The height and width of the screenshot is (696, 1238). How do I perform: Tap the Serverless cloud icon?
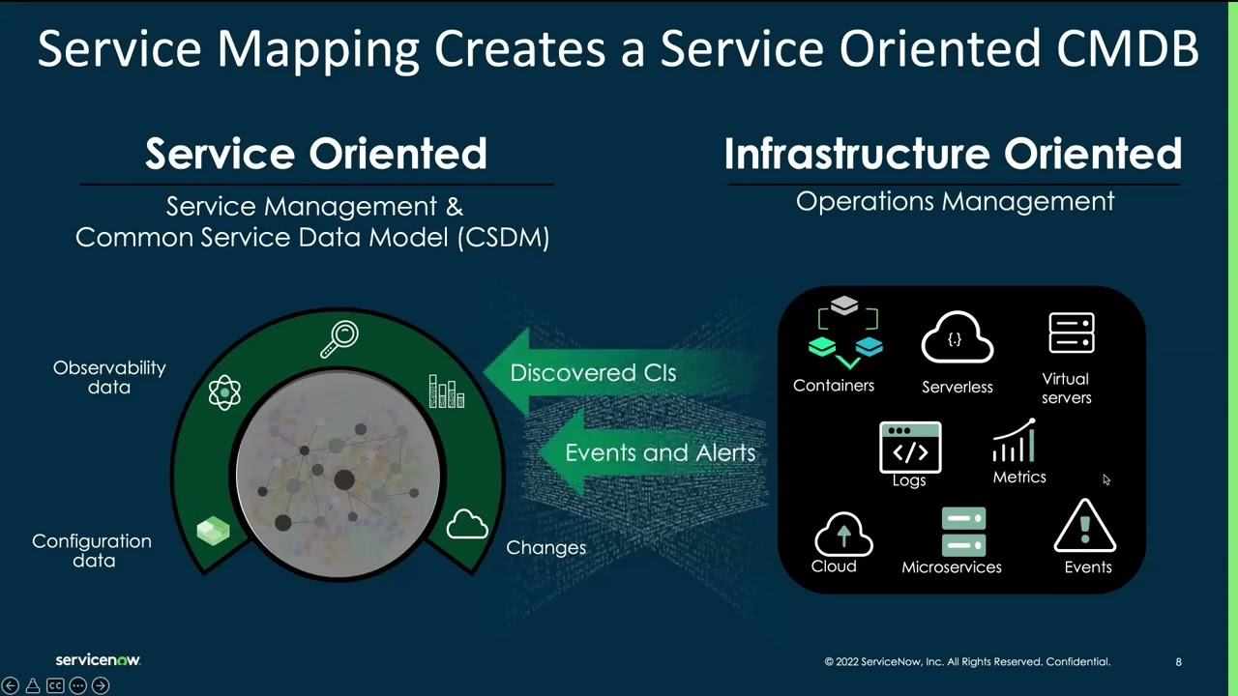click(x=958, y=338)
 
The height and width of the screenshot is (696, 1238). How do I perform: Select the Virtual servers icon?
click(x=1072, y=333)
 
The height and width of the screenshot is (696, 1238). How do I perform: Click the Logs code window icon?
click(x=910, y=448)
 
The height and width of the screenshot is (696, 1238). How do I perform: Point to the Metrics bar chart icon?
click(x=1016, y=443)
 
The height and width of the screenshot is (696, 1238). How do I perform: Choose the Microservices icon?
click(x=963, y=531)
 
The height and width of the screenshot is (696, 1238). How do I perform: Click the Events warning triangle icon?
click(x=1085, y=528)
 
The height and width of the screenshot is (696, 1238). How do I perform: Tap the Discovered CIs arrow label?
click(x=593, y=373)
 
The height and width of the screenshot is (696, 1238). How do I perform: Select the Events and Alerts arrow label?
click(x=660, y=452)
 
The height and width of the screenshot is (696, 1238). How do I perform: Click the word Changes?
click(x=546, y=547)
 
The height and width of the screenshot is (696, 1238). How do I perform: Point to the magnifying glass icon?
click(x=340, y=339)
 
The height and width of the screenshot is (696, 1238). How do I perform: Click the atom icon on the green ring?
click(x=224, y=392)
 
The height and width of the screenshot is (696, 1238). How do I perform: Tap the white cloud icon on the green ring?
click(x=467, y=525)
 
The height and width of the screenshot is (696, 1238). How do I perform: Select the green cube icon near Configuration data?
click(x=213, y=531)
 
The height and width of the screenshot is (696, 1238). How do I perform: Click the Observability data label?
click(x=109, y=377)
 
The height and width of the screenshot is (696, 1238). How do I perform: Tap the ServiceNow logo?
click(x=98, y=660)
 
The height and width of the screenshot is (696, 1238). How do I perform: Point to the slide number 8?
click(x=1178, y=662)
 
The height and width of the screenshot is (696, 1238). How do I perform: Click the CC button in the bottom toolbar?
click(x=55, y=685)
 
